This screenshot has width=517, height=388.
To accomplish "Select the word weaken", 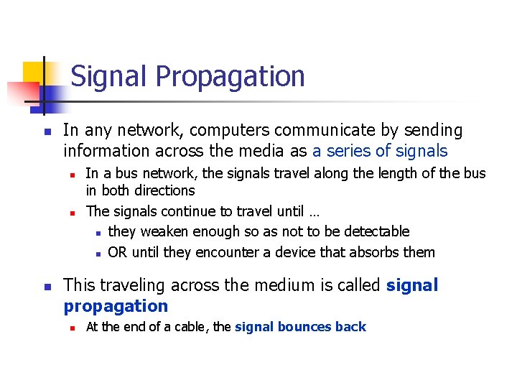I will (165, 231).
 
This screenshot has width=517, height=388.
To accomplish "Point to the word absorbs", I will (378, 252).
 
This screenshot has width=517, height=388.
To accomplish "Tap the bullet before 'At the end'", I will (73, 328).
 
